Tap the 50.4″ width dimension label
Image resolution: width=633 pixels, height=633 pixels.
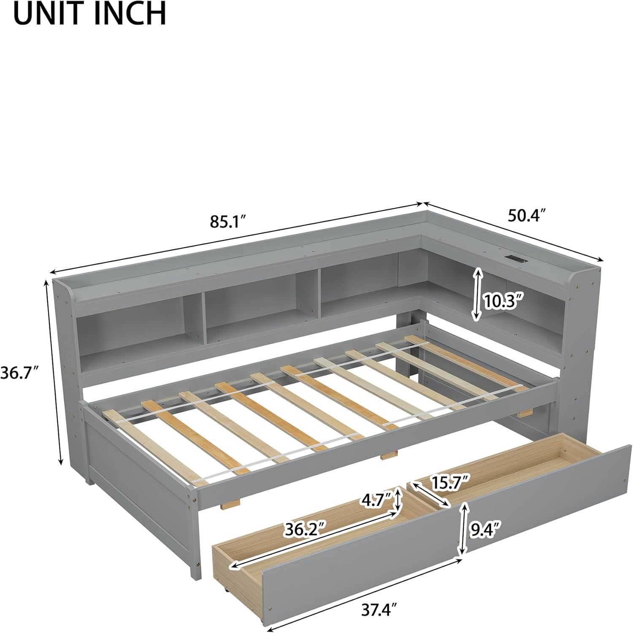[523, 216]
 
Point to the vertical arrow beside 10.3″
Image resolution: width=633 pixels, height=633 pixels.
[477, 294]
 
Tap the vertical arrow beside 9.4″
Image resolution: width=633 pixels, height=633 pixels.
[464, 528]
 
